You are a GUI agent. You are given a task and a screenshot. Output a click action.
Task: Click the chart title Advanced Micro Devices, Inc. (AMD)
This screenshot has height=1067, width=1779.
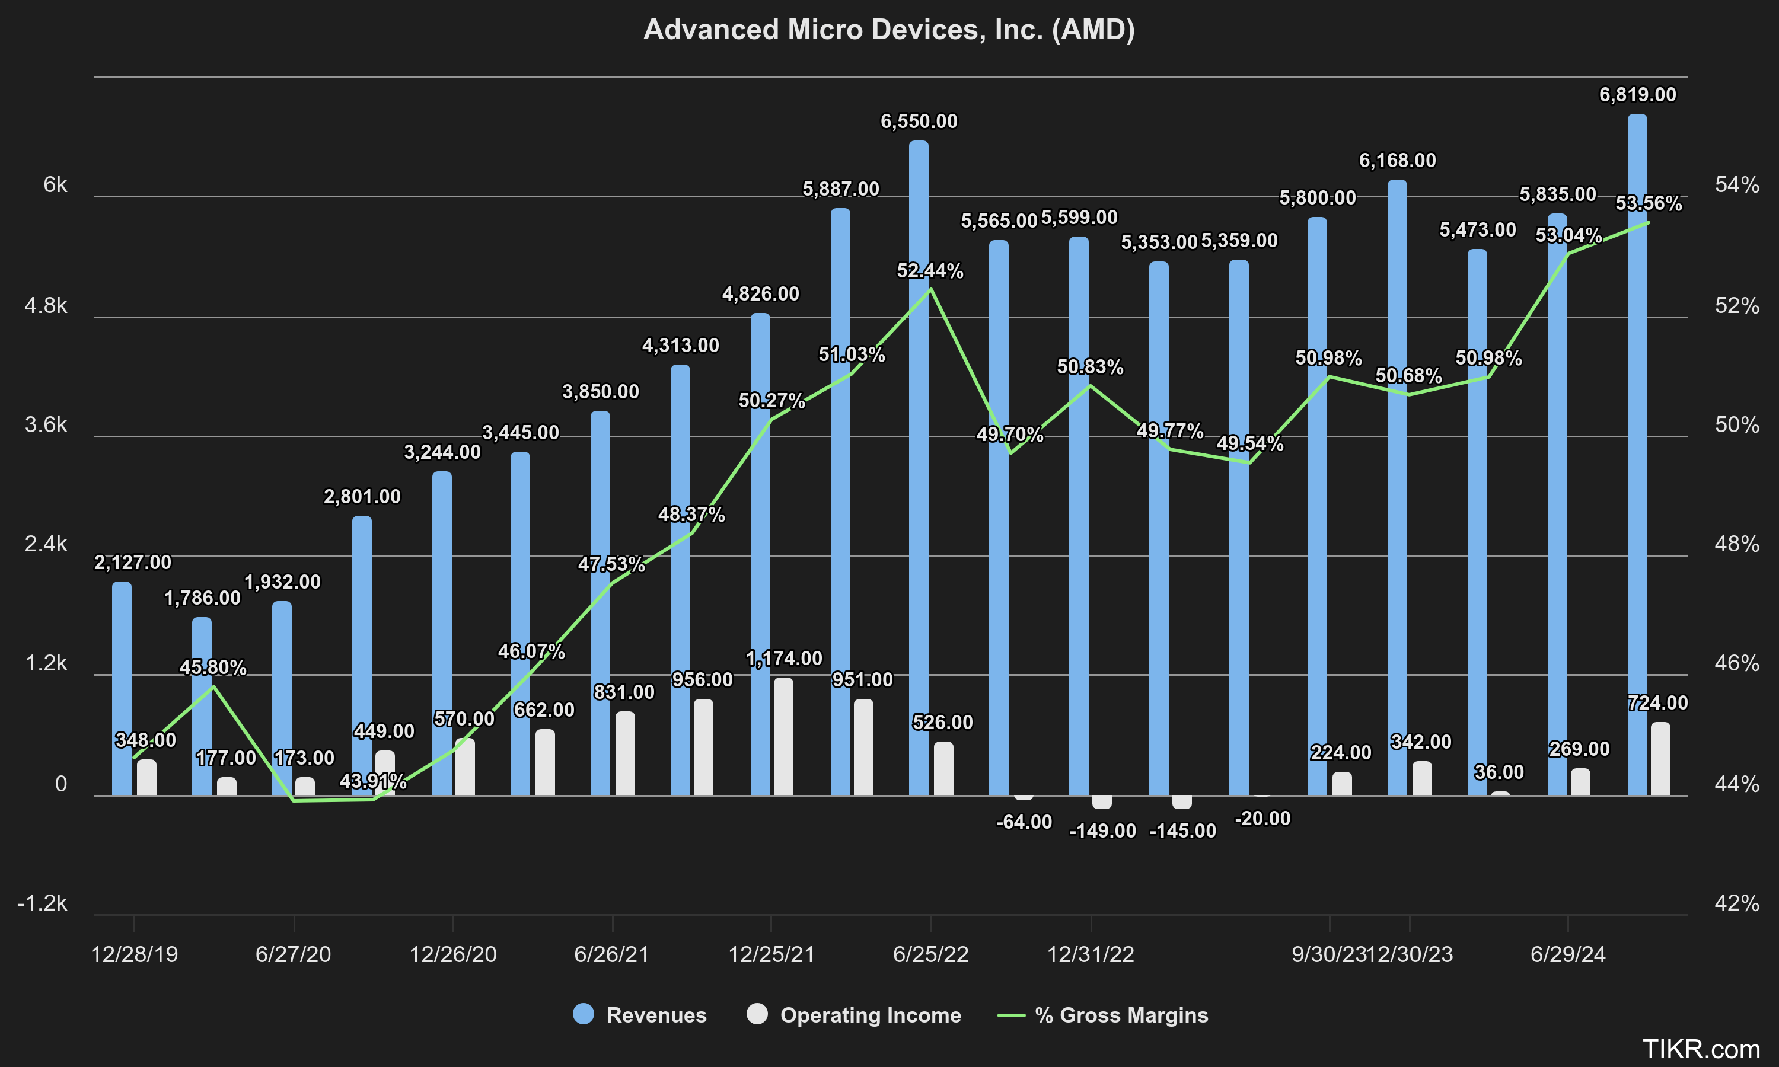[x=889, y=30]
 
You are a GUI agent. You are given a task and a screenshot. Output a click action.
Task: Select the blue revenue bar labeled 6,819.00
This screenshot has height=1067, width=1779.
[x=1637, y=453]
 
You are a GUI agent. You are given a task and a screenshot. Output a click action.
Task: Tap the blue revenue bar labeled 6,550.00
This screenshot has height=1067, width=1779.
[x=919, y=467]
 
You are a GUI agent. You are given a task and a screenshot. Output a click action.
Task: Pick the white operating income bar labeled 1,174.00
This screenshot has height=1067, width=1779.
[x=783, y=736]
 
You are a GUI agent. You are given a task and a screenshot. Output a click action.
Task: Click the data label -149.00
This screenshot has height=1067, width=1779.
[x=1102, y=831]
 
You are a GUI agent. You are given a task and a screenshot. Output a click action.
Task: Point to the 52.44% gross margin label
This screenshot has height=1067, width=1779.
[x=929, y=271]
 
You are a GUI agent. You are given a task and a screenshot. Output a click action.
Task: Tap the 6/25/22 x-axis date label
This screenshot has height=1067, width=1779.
[x=930, y=954]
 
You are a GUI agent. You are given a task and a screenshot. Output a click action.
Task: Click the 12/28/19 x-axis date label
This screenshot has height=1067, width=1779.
[x=135, y=954]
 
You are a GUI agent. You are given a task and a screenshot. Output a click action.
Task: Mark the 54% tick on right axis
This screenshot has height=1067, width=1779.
[x=1736, y=185]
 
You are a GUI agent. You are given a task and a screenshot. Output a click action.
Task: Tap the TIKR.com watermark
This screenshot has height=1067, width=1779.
[x=1701, y=1049]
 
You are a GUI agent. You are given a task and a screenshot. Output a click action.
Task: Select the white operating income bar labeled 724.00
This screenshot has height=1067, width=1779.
[x=1660, y=759]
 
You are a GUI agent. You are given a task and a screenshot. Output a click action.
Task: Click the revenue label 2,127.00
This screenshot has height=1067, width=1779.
[x=133, y=563]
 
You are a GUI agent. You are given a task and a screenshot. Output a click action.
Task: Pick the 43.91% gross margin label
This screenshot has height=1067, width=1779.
[x=372, y=781]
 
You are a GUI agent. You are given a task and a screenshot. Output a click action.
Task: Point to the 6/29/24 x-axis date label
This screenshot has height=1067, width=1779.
[x=1567, y=954]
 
